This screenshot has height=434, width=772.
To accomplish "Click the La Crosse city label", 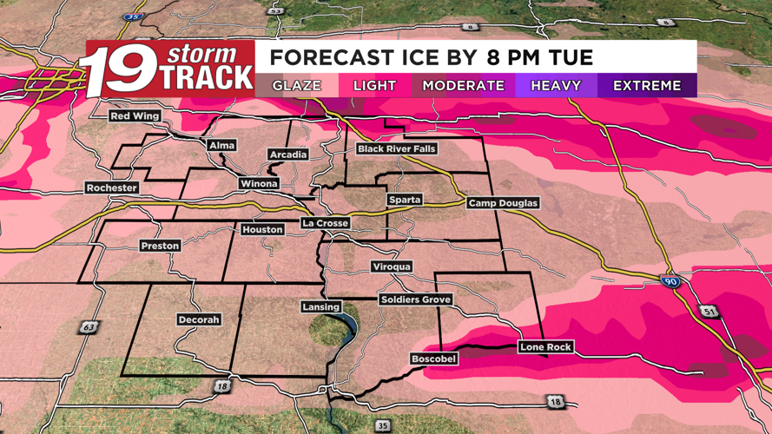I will click(326, 223).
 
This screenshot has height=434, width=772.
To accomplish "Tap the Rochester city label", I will click(112, 187).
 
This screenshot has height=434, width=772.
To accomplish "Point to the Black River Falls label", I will click(397, 149).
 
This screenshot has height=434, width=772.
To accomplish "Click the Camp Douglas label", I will click(504, 203).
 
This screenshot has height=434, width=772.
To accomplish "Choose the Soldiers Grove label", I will click(416, 299).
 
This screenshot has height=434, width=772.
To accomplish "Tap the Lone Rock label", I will click(545, 347).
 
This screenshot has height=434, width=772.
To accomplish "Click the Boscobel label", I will click(433, 358).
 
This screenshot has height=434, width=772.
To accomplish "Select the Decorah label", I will click(198, 319).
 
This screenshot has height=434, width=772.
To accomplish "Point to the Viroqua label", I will click(392, 266).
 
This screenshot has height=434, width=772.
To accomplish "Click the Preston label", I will click(160, 246).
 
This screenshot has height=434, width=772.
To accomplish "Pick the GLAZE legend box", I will click(296, 85).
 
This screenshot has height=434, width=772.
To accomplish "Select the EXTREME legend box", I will click(647, 85).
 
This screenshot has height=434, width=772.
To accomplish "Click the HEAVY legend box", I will click(556, 85).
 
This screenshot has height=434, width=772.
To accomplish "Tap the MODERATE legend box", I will click(463, 85).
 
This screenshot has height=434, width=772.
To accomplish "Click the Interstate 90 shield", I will click(669, 283).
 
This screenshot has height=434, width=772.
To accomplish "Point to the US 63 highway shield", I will click(89, 327).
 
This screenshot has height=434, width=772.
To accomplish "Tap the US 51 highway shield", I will click(710, 312).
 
